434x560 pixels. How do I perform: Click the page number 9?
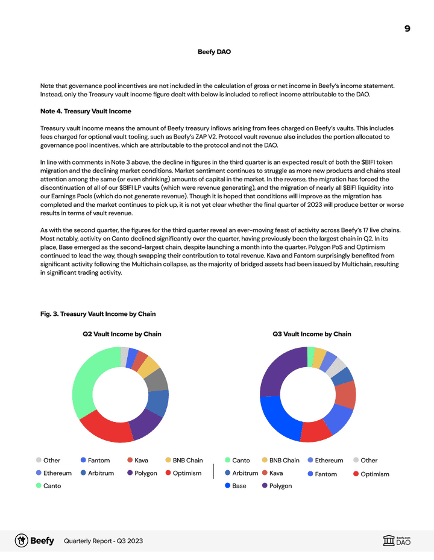click(407, 28)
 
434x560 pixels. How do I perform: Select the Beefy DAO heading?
click(214, 52)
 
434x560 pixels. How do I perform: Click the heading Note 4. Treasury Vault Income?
click(86, 111)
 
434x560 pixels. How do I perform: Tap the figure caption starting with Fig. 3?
click(98, 313)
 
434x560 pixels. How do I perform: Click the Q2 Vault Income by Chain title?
click(122, 334)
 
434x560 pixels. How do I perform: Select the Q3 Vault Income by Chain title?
click(312, 334)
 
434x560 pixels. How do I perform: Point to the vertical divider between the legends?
click(213, 471)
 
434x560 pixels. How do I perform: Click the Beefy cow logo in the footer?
click(22, 541)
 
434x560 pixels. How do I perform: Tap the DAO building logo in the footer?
click(389, 541)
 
